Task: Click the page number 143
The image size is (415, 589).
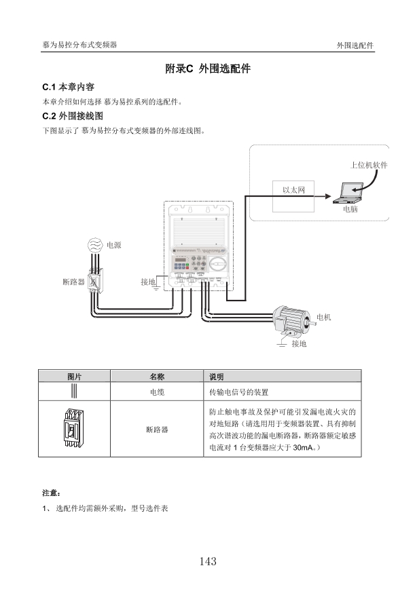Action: [x=208, y=561]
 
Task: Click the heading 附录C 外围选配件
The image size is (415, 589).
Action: [x=208, y=69]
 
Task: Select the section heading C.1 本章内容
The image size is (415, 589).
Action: [x=68, y=87]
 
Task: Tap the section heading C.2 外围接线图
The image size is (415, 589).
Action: [x=73, y=116]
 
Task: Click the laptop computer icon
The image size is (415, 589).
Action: [x=348, y=193]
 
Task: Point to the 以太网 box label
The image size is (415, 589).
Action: [x=293, y=190]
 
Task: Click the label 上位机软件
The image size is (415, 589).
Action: [x=369, y=166]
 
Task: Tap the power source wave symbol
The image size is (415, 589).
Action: [x=94, y=245]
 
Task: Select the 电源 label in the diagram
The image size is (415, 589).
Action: [x=114, y=245]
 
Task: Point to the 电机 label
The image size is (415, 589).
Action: [x=324, y=318]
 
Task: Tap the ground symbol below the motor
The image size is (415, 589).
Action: [x=282, y=344]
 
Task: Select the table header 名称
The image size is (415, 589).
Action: [x=157, y=377]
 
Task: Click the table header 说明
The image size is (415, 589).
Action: [x=217, y=377]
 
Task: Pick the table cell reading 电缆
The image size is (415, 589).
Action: [x=157, y=392]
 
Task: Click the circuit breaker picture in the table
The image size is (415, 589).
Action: [x=73, y=429]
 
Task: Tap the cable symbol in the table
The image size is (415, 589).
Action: [x=74, y=391]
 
